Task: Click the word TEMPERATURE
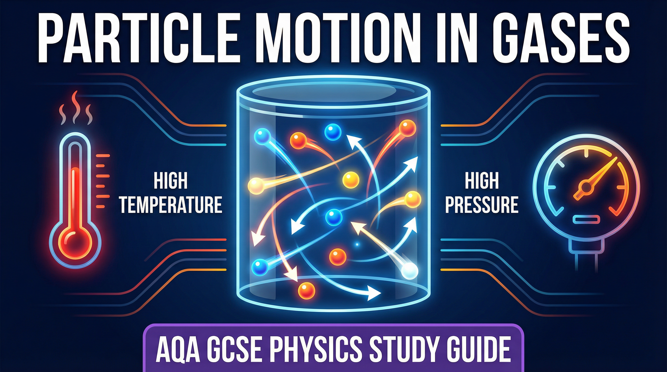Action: click(171, 205)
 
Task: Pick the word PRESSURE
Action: click(482, 205)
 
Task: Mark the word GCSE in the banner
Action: click(237, 349)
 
